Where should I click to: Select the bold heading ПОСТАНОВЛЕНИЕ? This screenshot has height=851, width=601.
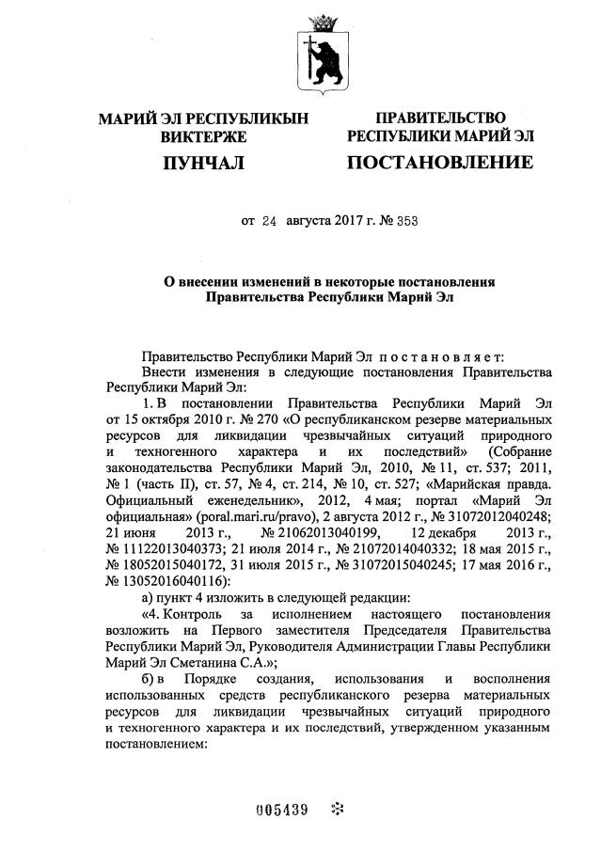[440, 163]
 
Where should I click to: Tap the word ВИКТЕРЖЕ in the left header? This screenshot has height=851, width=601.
[203, 136]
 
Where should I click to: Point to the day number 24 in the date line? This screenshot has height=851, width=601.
[271, 222]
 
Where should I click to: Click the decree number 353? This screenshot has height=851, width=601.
[407, 222]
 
